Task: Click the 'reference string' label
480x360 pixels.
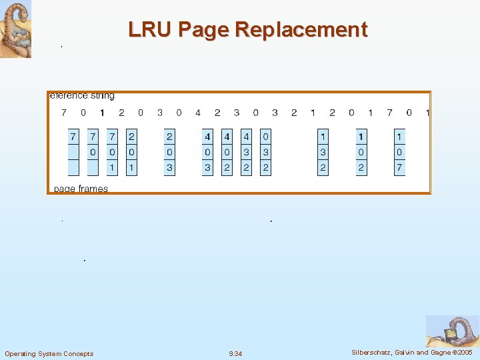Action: (x=82, y=96)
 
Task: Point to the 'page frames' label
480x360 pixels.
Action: (x=80, y=189)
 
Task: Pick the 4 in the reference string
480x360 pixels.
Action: (x=198, y=113)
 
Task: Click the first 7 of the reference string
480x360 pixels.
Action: (x=64, y=113)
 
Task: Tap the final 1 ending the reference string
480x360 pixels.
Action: (x=427, y=113)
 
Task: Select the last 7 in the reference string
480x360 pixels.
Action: (x=389, y=113)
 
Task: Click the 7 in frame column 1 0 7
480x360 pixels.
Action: (x=399, y=168)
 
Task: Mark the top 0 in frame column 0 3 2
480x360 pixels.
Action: (x=265, y=137)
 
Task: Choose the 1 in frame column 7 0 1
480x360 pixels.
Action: (x=112, y=168)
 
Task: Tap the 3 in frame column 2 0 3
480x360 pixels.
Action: (x=169, y=168)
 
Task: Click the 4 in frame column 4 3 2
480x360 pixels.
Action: (x=246, y=137)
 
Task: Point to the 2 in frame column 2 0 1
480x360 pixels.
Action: (x=131, y=137)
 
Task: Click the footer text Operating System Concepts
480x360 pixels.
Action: (x=49, y=353)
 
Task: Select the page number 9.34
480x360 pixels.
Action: (x=235, y=353)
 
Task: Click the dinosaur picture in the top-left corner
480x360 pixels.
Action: (x=15, y=29)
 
